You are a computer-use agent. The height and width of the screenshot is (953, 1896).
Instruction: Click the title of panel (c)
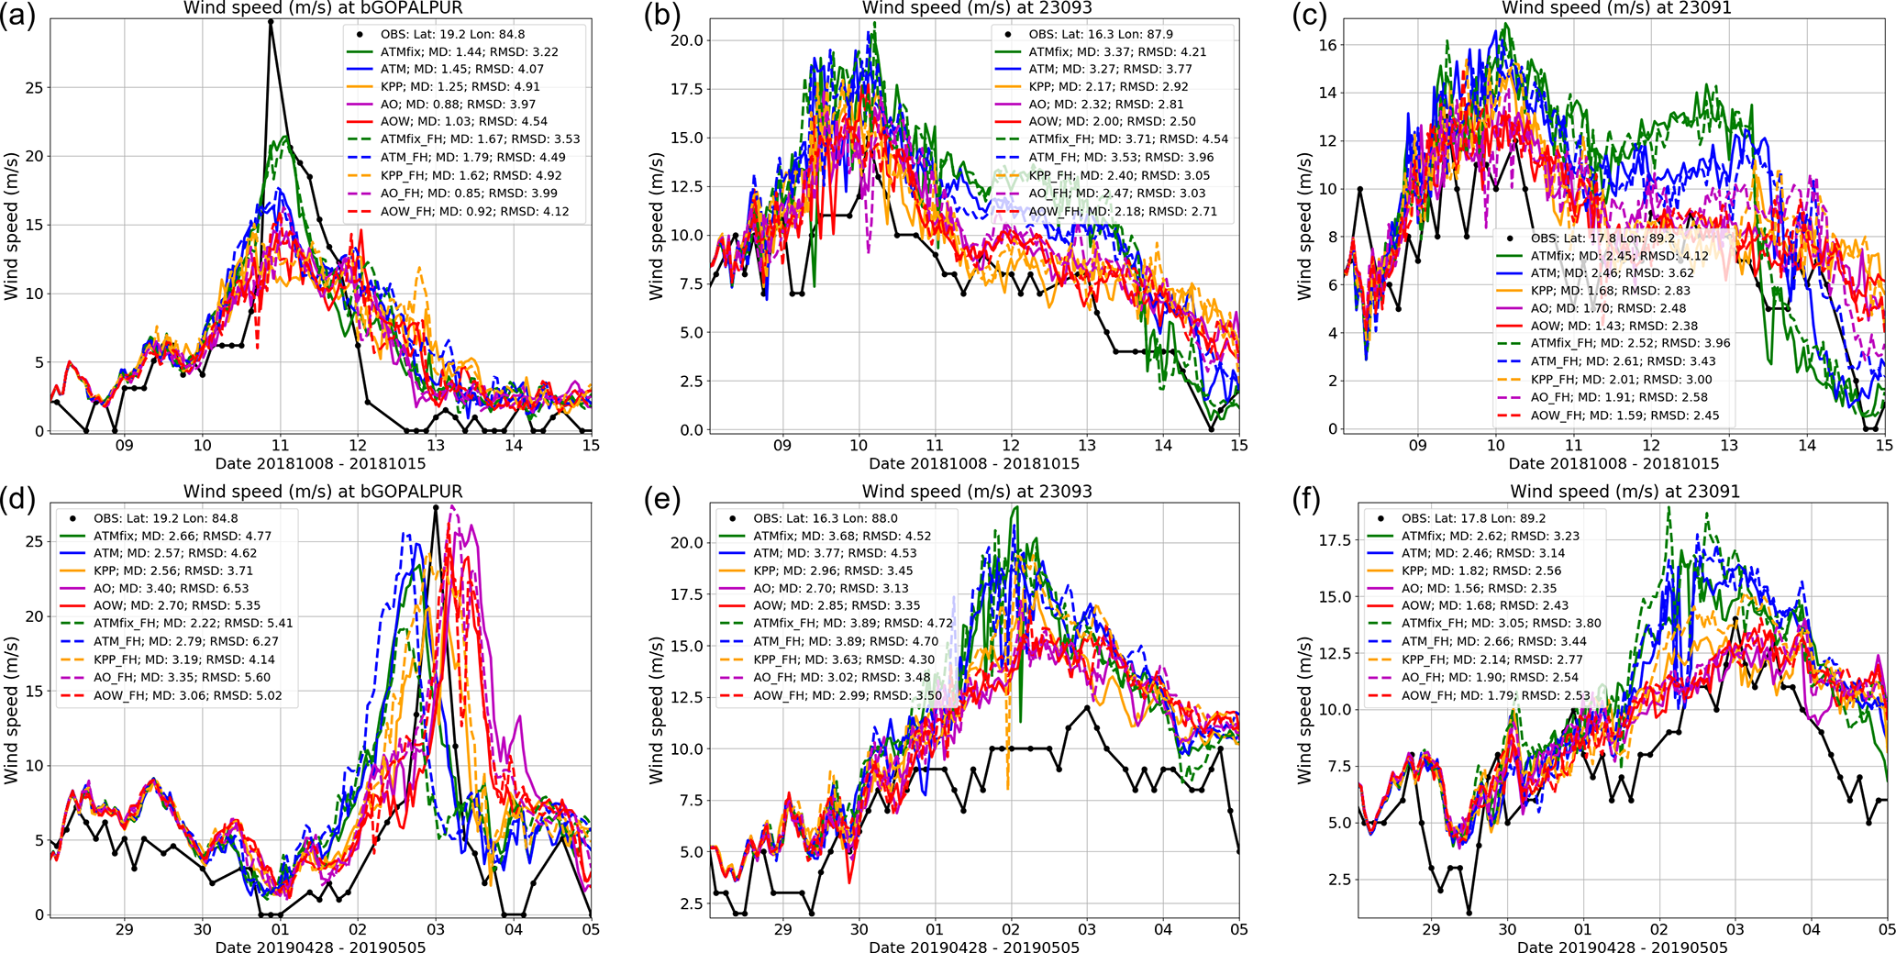1615,8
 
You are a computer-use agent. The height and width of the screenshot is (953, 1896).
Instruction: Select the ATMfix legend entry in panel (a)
469,52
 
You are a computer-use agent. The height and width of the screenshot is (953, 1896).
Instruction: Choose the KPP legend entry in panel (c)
1608,291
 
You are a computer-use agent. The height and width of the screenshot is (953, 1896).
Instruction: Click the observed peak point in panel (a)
271,20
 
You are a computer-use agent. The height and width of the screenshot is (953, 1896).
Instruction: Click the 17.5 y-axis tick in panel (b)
687,90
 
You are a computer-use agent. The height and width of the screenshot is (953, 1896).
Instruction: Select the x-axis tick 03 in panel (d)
436,929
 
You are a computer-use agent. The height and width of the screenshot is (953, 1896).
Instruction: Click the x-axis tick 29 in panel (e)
782,929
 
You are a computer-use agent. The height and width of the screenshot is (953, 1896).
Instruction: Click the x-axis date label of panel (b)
974,464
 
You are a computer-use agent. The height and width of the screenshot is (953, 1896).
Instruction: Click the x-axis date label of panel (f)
1622,947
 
